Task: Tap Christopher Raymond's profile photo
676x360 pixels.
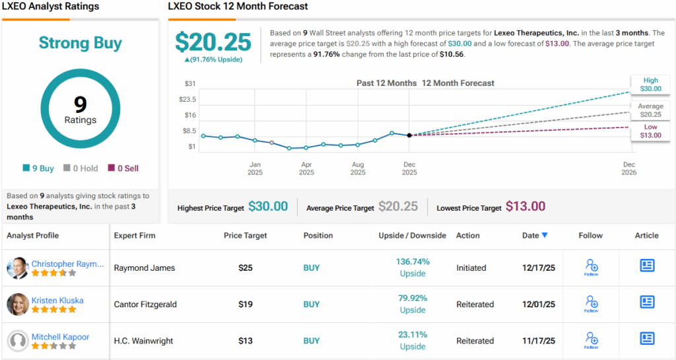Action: (18, 268)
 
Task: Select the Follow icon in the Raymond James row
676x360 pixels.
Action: (591, 266)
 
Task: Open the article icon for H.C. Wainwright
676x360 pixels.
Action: (647, 338)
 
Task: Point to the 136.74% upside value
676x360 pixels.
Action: (413, 262)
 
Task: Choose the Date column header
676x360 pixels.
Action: (534, 235)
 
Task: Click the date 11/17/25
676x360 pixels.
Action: (535, 341)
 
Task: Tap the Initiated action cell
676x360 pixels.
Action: (471, 268)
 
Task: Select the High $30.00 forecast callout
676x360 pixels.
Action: (650, 85)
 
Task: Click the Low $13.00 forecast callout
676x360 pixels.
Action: (650, 131)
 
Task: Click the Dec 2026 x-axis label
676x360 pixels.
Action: (628, 168)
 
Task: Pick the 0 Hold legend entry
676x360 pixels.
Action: (81, 168)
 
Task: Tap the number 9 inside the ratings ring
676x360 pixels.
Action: (80, 104)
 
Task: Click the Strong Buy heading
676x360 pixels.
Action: (80, 44)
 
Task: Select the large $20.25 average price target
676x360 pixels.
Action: (213, 42)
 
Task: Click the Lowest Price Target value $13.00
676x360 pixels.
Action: (525, 207)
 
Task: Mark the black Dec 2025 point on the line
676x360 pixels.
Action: (409, 135)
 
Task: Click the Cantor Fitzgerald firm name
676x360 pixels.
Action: (145, 305)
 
